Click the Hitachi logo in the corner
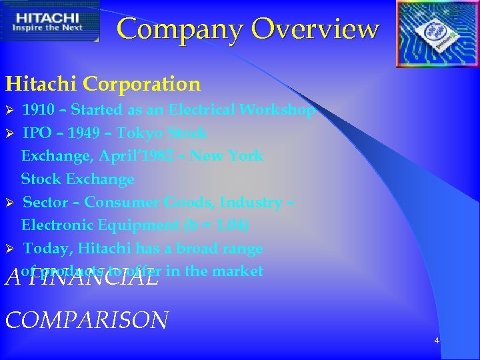50,21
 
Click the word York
247,156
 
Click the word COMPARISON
87,320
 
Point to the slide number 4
437,341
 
